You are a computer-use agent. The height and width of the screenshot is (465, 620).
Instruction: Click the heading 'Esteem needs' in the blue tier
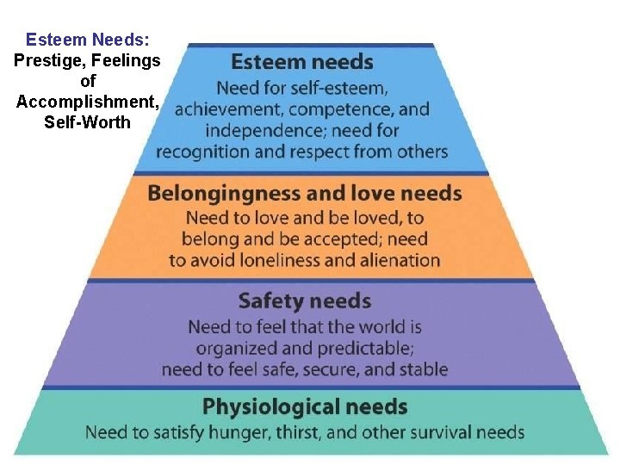[x=302, y=62]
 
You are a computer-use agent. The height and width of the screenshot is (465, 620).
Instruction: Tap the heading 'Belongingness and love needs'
[x=305, y=193]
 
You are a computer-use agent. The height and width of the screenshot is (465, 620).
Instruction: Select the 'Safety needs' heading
[x=305, y=301]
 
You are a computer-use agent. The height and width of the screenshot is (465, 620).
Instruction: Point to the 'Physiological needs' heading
[x=305, y=406]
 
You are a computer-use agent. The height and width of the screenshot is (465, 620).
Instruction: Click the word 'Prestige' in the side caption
[x=43, y=60]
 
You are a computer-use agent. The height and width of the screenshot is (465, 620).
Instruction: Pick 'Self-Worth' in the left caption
[x=87, y=122]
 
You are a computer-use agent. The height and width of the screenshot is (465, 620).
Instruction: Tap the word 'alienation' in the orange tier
[x=398, y=260]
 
